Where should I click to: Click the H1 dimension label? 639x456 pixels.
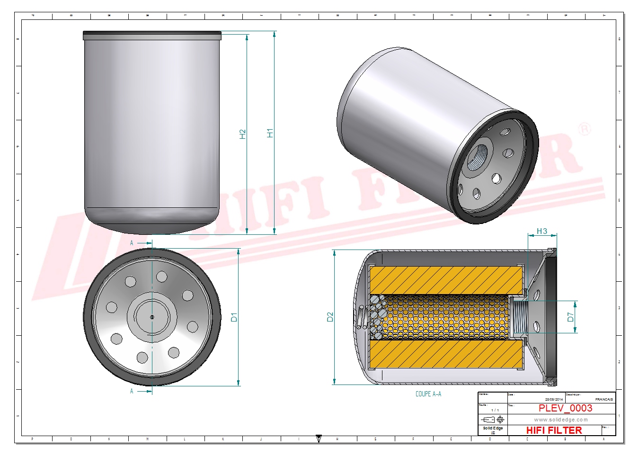click(270, 133)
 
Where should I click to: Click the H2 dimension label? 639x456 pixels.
click(242, 134)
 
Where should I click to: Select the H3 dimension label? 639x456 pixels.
click(541, 231)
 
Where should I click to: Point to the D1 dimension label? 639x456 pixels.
click(234, 317)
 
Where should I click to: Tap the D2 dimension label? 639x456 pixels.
click(330, 317)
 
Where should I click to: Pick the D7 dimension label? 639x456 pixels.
click(570, 317)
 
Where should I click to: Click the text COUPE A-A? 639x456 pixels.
click(428, 393)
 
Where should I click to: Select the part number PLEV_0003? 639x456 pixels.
click(565, 408)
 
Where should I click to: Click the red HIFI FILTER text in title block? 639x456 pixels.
click(554, 430)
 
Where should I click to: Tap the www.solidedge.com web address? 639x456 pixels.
click(560, 420)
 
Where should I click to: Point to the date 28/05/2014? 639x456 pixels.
click(554, 400)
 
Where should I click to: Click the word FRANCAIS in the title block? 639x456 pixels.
click(603, 400)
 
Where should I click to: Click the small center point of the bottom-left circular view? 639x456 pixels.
click(152, 317)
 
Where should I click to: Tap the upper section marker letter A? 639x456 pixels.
click(132, 243)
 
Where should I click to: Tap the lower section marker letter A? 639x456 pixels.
click(132, 391)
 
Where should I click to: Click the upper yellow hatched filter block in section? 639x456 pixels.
click(445, 279)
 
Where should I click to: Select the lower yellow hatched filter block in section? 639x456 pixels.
click(445, 354)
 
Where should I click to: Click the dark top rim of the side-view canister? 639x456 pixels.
click(152, 36)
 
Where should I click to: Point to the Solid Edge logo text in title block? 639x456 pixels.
click(493, 428)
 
